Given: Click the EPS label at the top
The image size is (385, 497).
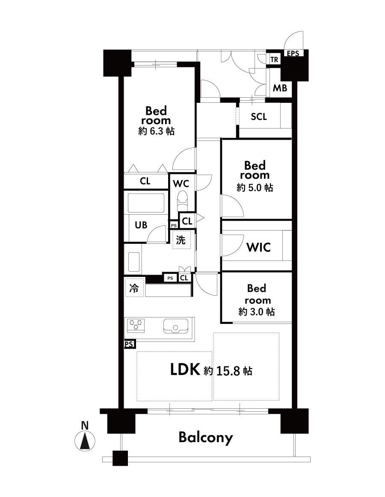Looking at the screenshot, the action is click(293, 53).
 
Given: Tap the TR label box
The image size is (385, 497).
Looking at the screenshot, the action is click(274, 59).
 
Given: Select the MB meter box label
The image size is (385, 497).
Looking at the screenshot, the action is click(280, 88).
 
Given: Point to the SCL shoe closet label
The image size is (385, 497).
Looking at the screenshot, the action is click(259, 117).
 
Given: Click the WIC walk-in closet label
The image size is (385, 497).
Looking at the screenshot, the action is click(258, 247).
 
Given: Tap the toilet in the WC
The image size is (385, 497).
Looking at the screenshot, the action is click(182, 201).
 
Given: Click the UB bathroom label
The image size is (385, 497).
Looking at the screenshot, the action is click(141, 225).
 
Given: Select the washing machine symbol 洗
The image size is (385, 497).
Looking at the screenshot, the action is click(181, 240).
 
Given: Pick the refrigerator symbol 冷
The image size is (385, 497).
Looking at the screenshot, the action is click(134, 288).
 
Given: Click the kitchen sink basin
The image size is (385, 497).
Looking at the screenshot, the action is click(175, 326).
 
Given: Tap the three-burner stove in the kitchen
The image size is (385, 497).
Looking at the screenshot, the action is click(136, 326).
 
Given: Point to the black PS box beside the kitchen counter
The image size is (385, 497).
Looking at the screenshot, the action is click(129, 344).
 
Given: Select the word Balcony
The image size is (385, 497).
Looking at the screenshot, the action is click(206, 438).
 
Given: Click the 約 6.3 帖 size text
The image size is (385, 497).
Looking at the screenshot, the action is click(156, 131).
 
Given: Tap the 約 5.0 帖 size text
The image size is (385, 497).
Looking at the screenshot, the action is click(255, 188).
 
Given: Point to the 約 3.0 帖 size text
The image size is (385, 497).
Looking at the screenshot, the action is click(257, 312).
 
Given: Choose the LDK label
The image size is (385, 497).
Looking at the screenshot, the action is click(185, 369).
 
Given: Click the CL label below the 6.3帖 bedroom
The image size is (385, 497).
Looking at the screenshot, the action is click(145, 181).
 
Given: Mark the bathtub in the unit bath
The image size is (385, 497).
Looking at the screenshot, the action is click(146, 203).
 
